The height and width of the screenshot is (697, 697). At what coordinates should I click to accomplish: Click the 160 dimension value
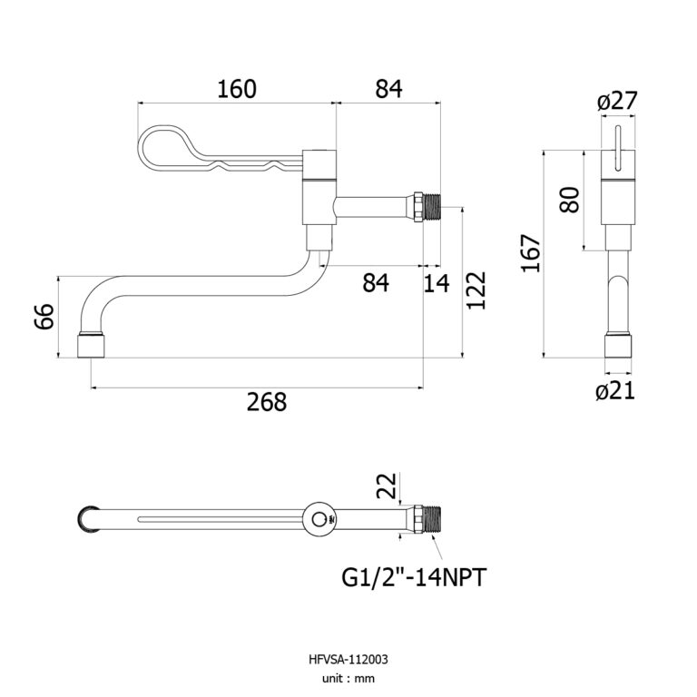pos(237,88)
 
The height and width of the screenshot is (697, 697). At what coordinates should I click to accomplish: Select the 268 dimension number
pos(266,401)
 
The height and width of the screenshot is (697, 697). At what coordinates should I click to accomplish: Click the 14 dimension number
pos(437,283)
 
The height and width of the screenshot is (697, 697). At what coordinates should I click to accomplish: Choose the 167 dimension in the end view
pos(532,253)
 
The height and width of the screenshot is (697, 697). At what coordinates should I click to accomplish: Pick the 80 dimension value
pos(569,199)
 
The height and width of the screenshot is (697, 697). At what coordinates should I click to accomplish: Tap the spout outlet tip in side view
pos(91,346)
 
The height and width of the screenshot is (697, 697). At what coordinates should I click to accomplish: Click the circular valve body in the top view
pos(319,518)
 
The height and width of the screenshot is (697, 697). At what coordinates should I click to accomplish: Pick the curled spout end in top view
pos(88,518)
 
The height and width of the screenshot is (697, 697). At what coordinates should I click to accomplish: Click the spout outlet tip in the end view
pos(618,349)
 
